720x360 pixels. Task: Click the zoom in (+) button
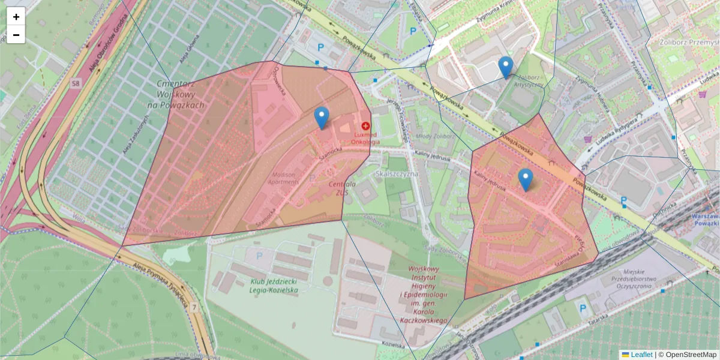(x=16, y=17)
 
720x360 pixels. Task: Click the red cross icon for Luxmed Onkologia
(x=365, y=126)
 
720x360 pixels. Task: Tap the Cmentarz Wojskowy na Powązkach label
(x=179, y=94)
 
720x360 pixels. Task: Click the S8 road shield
(x=76, y=83)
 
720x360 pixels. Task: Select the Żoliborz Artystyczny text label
(x=530, y=81)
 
